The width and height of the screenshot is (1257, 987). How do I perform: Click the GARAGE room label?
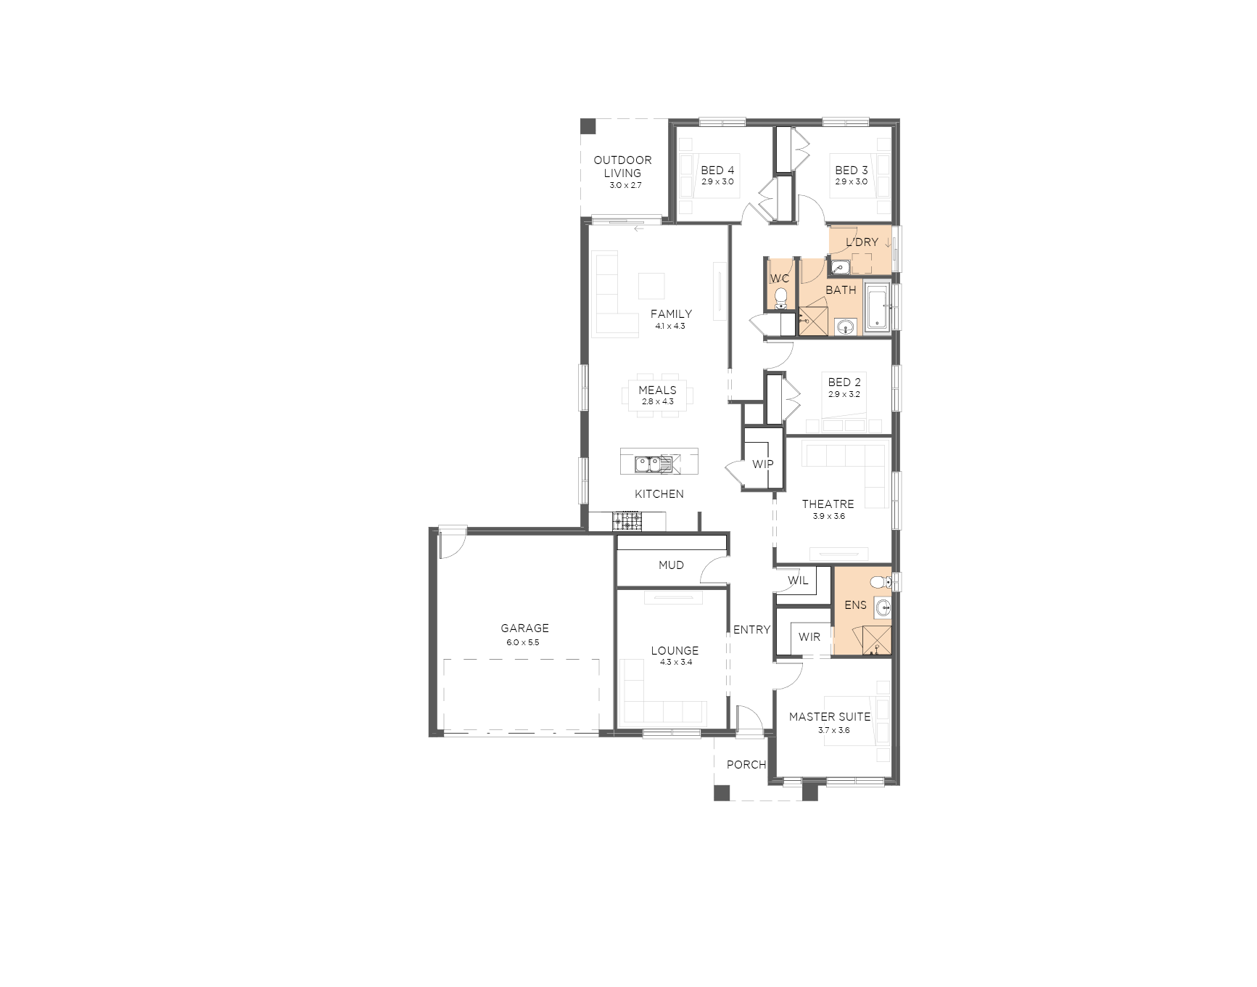[x=524, y=628]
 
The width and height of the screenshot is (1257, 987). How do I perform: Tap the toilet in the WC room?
[x=780, y=298]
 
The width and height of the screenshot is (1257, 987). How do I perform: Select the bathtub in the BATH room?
[x=877, y=308]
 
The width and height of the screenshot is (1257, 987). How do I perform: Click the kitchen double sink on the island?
[x=647, y=463]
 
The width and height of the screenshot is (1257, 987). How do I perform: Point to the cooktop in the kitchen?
[x=627, y=520]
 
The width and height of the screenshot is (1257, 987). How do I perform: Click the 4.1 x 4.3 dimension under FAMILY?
[x=670, y=327]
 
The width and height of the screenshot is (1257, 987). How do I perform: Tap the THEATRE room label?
[x=828, y=504]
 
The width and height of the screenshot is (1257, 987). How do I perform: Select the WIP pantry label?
[x=762, y=464]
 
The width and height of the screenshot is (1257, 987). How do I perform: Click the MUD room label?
[x=671, y=565]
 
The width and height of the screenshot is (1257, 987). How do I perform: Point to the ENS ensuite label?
[x=855, y=605]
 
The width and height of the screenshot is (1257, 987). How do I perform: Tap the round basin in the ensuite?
[x=883, y=607]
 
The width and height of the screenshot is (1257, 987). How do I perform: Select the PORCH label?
[x=746, y=764]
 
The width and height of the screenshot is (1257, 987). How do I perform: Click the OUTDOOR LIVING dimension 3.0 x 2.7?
[x=625, y=186]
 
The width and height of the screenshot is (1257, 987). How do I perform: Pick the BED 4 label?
[x=717, y=171]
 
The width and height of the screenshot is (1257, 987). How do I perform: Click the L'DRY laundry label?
[x=862, y=242]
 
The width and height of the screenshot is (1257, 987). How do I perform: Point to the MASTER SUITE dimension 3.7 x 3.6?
[x=834, y=731]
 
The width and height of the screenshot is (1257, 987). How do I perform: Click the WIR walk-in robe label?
[x=809, y=637]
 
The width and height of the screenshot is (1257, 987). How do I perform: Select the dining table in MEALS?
[x=657, y=396]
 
